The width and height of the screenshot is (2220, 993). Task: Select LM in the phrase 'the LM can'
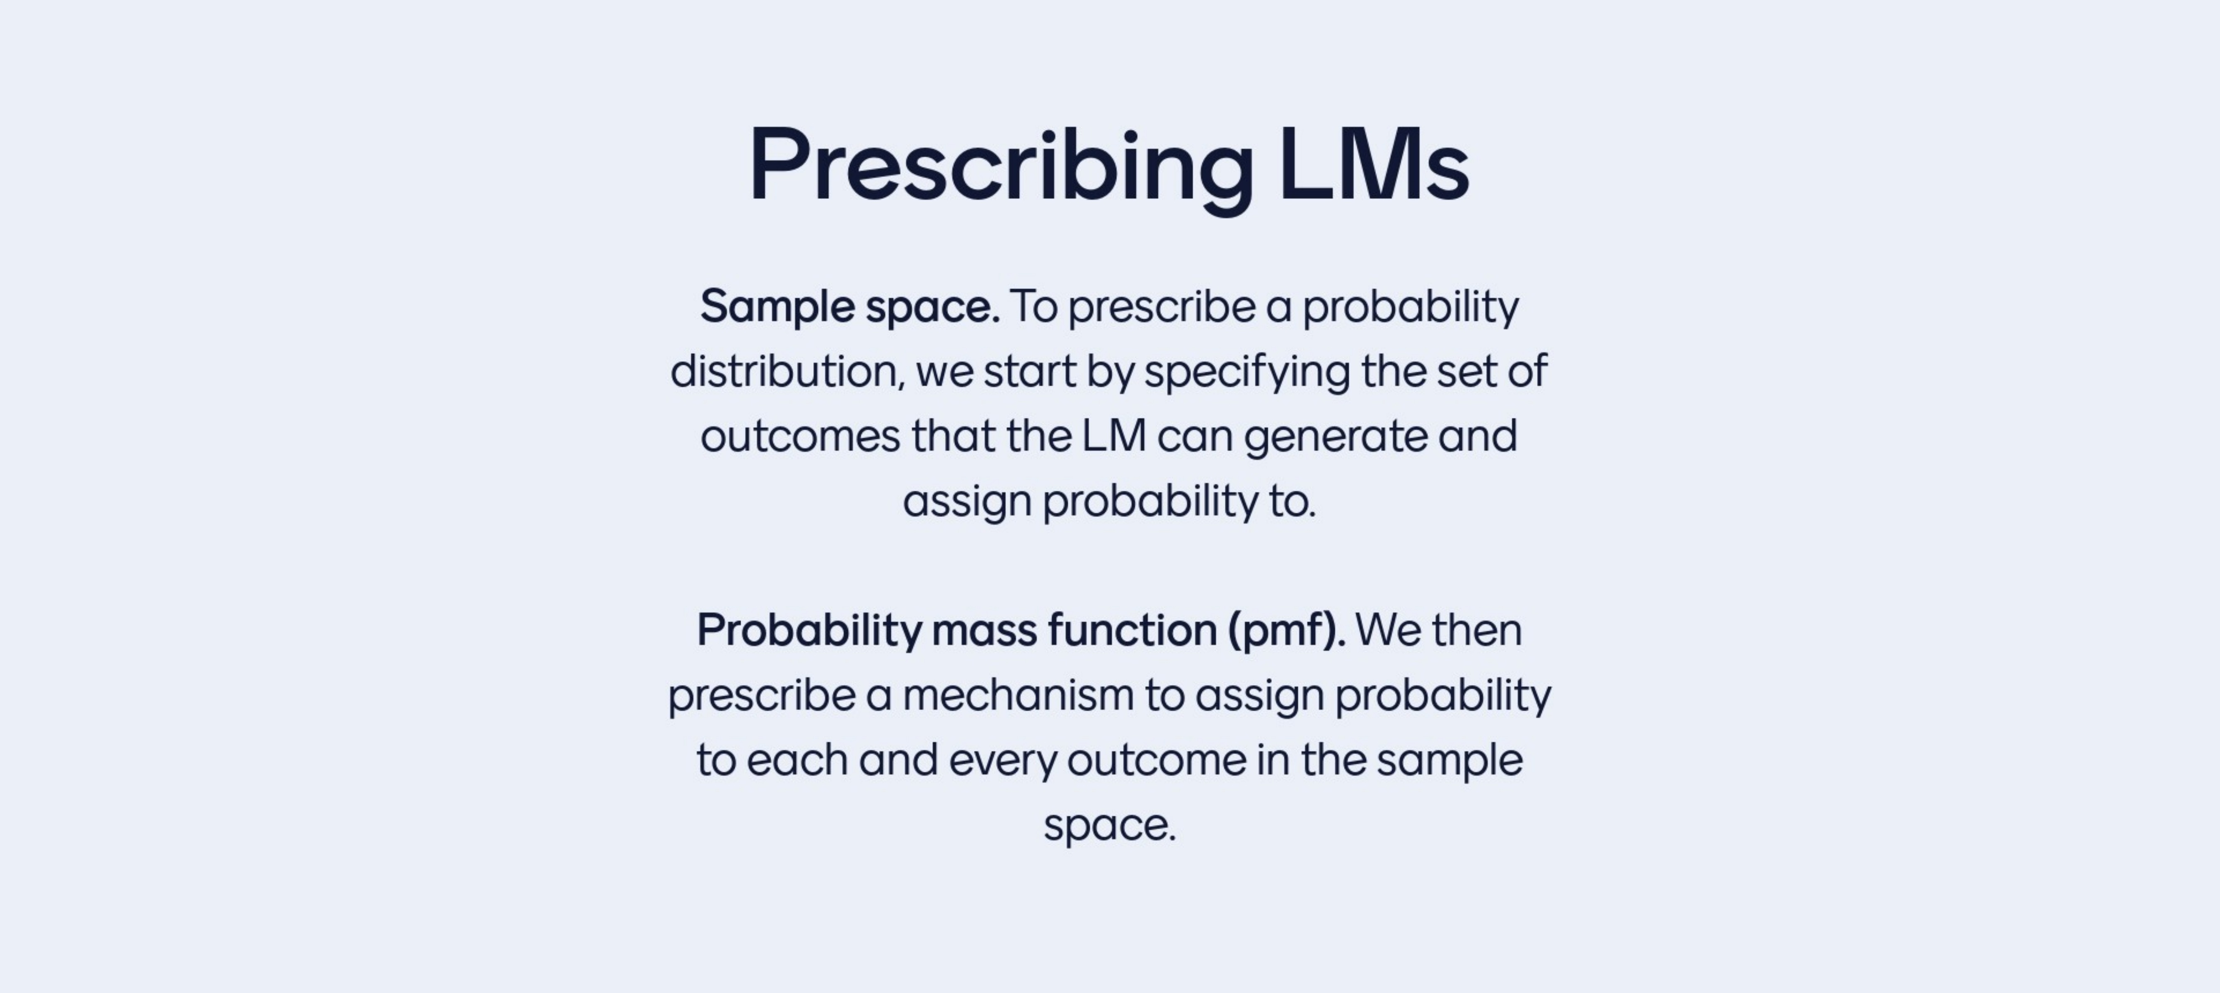tap(1113, 436)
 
